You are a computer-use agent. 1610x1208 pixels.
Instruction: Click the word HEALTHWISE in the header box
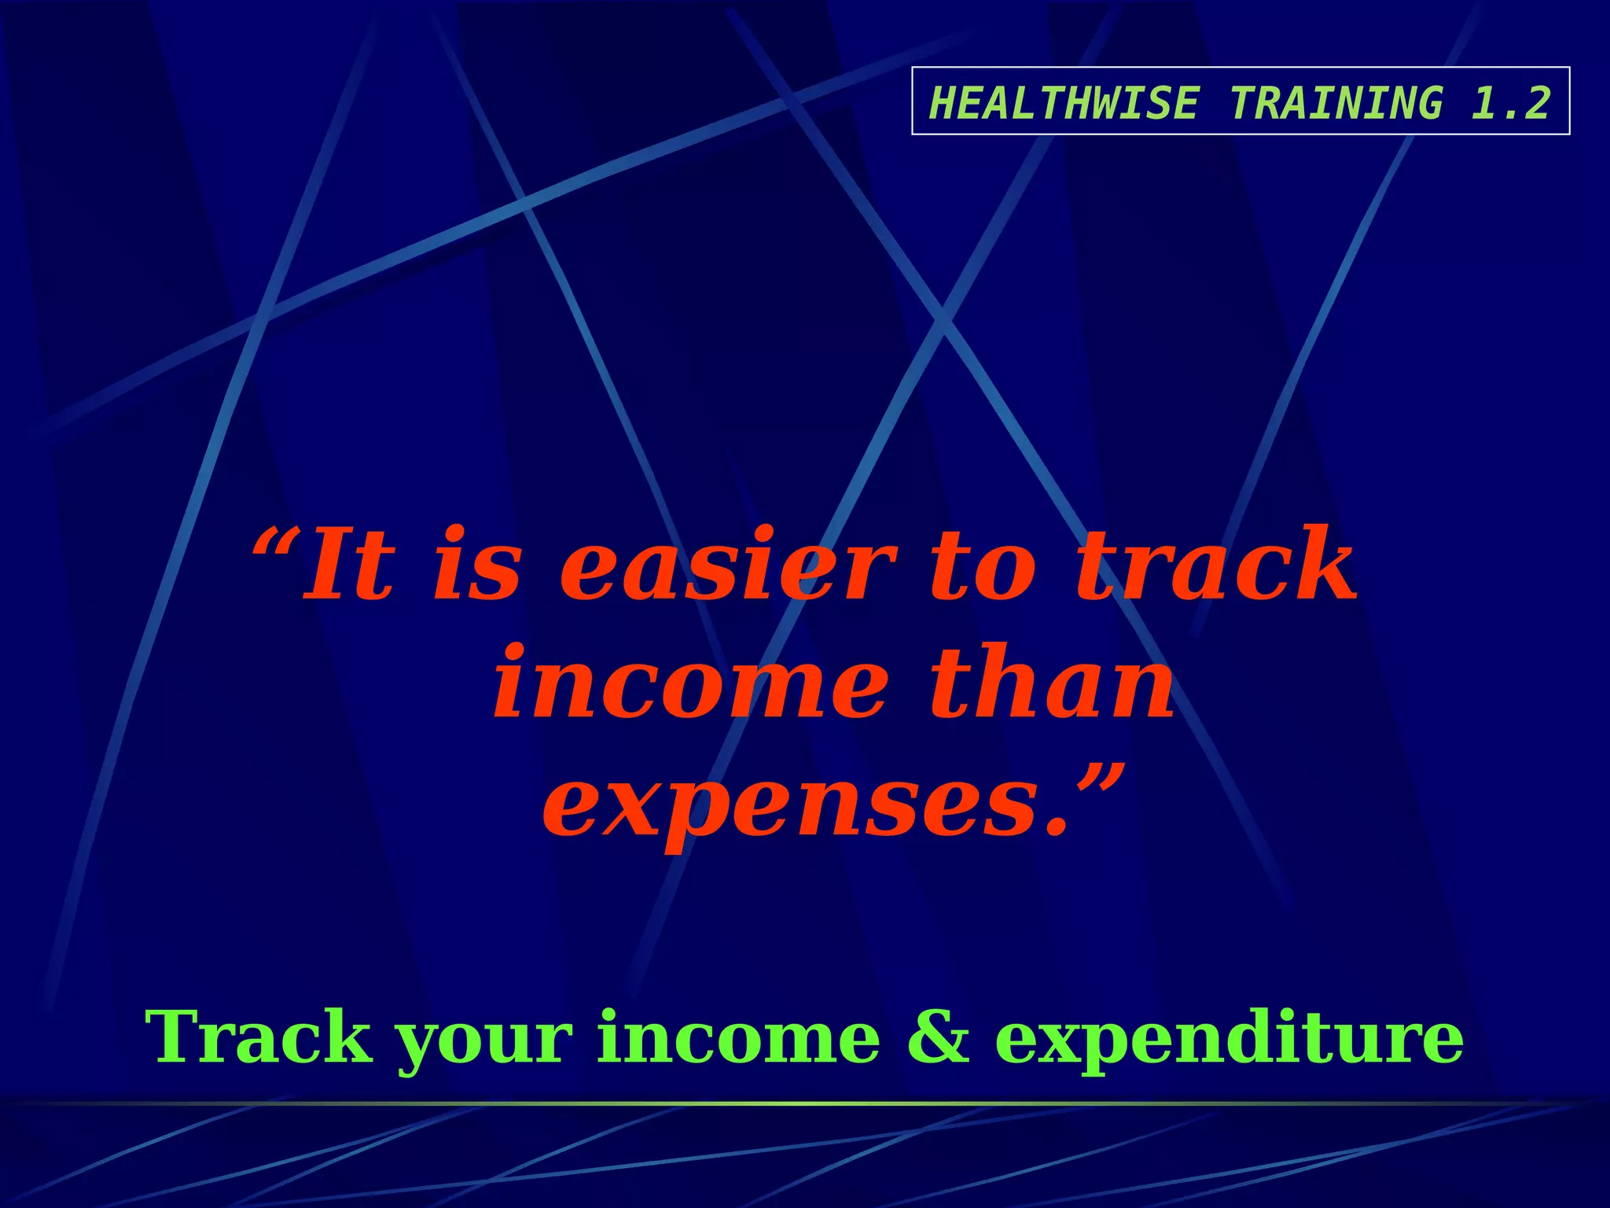(1064, 103)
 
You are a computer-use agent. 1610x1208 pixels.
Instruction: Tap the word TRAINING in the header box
(1336, 103)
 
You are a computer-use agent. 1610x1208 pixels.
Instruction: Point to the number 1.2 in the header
(1510, 103)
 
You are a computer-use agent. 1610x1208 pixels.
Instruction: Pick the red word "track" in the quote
(1215, 565)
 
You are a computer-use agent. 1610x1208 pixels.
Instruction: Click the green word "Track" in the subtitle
(259, 1038)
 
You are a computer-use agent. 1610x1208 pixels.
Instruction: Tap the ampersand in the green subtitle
(938, 1038)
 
